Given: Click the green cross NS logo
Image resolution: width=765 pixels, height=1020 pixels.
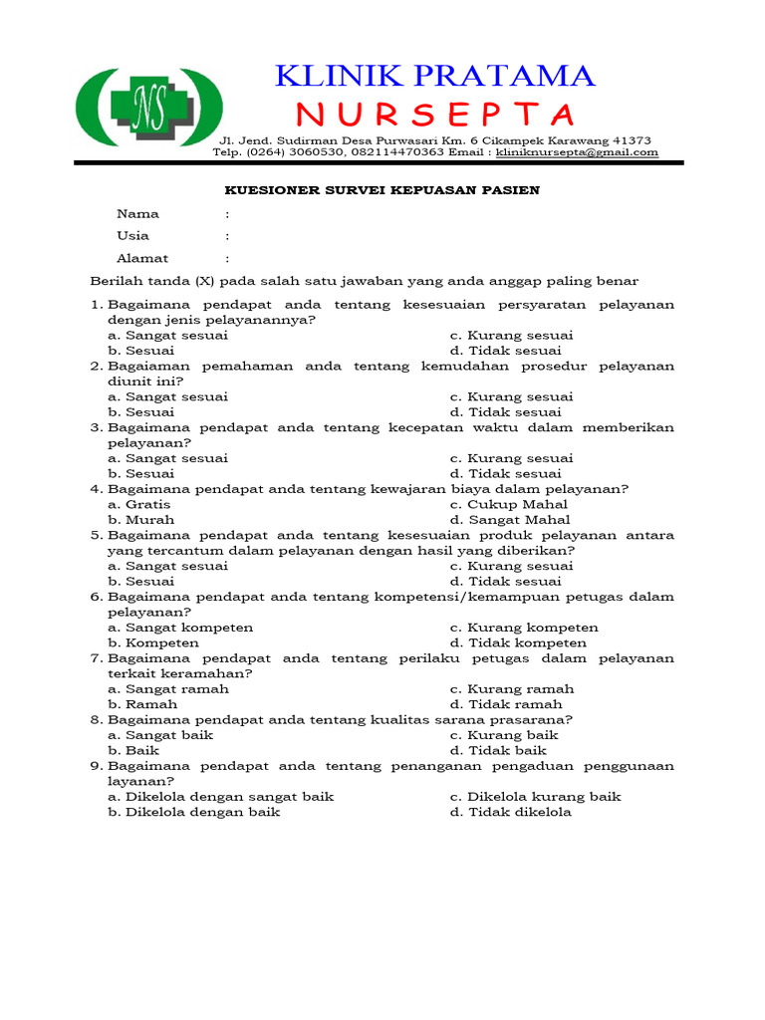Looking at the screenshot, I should point(149,109).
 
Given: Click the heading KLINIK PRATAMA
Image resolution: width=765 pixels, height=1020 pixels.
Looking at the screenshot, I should point(434,75).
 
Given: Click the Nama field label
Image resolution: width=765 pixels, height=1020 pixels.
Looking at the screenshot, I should point(137,213).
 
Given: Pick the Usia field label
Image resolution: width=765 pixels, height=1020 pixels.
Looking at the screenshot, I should point(133,236).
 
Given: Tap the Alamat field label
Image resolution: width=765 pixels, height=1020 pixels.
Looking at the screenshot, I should point(142,258).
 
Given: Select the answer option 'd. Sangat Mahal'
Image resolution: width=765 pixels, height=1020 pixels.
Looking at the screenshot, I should point(510,520).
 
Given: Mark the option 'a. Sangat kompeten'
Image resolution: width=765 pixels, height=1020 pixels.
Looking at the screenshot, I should point(180,628).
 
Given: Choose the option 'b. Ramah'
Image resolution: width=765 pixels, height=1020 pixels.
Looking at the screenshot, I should point(142,704).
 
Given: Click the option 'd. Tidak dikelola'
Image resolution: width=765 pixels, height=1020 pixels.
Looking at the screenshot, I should point(511,812).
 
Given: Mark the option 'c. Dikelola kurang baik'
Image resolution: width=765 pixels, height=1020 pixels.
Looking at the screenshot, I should point(535,797).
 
